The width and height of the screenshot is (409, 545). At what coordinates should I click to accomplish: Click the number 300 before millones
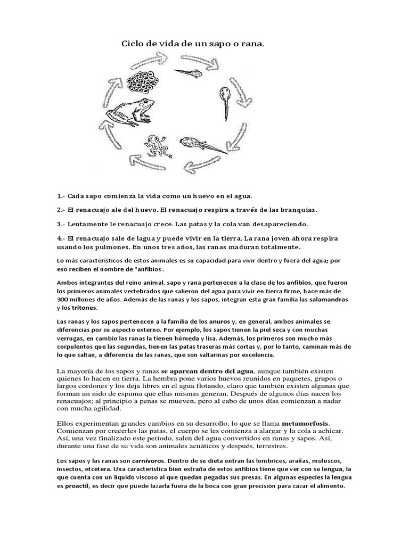point(63,300)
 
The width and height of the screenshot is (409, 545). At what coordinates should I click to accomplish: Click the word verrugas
point(71,338)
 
